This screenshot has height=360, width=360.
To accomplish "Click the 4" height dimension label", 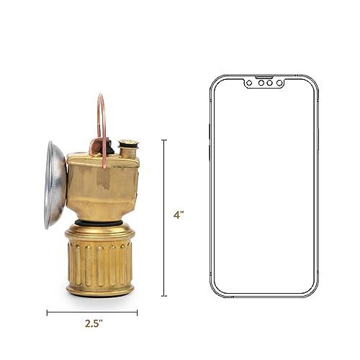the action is click(x=179, y=215).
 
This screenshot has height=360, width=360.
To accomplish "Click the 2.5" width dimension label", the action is click(x=94, y=324).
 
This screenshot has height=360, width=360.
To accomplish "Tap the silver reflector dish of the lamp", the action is click(x=55, y=185).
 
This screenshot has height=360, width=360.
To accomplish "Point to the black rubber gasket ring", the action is click(x=99, y=222).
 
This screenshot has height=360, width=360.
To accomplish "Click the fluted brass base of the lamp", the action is click(x=99, y=261).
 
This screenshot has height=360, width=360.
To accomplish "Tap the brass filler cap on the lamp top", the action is click(x=128, y=147).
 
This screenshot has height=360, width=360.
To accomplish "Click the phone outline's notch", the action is click(x=265, y=82).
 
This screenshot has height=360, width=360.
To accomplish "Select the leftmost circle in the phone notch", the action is click(x=249, y=83).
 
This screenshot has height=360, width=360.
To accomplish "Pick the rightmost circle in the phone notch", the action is click(x=279, y=83).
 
